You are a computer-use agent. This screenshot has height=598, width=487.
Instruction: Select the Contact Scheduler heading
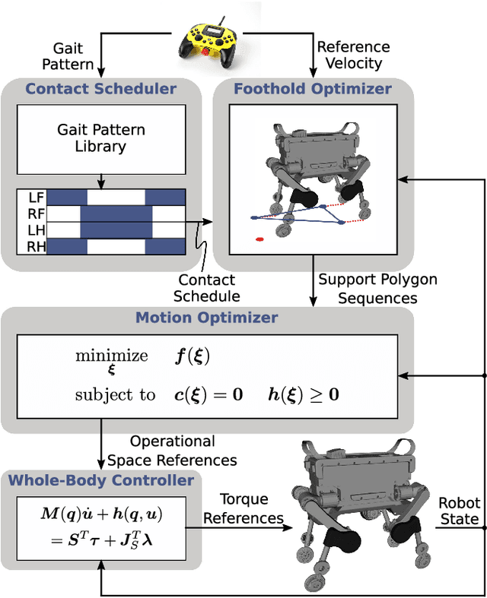pyautogui.click(x=100, y=89)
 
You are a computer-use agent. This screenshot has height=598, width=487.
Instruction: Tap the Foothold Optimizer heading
pyautogui.click(x=313, y=89)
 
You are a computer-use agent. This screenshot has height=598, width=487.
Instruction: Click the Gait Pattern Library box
pyautogui.click(x=101, y=139)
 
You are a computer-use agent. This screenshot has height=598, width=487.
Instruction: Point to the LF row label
pyautogui.click(x=33, y=196)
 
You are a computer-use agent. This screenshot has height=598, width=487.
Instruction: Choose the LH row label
pyautogui.click(x=33, y=229)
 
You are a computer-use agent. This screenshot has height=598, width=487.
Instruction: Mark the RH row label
pyautogui.click(x=33, y=246)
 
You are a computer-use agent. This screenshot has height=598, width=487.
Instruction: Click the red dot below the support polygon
pyautogui.click(x=259, y=239)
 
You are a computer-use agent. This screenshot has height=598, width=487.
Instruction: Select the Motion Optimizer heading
pyautogui.click(x=206, y=317)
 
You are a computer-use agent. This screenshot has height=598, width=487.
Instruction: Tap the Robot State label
pyautogui.click(x=459, y=511)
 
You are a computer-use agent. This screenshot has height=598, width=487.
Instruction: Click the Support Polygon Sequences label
pyautogui.click(x=378, y=289)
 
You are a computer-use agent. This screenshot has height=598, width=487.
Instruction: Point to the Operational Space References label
pyautogui.click(x=172, y=451)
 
